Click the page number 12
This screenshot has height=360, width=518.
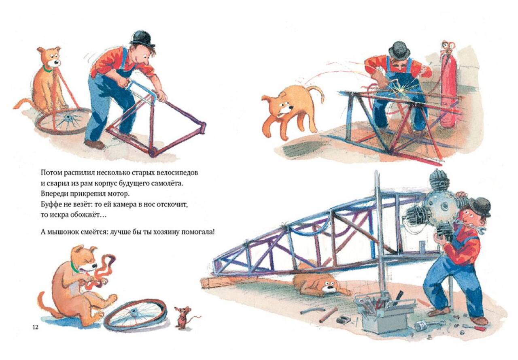35,327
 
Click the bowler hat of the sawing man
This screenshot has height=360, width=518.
142,38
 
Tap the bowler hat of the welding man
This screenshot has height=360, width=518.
399,50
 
